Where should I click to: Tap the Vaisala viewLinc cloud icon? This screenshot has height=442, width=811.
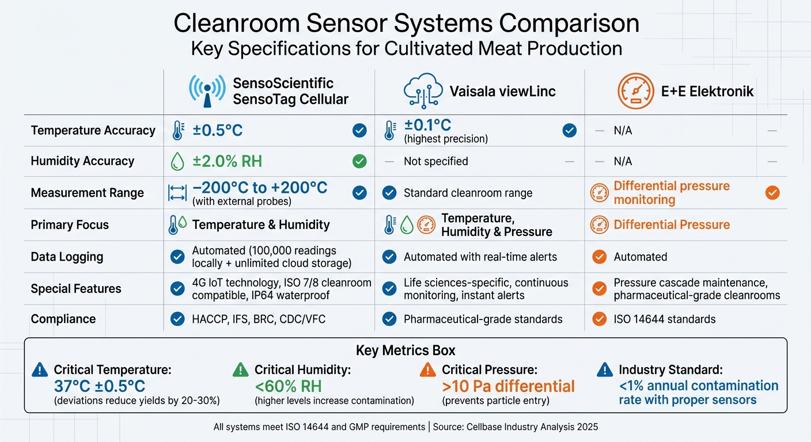tap(423, 91)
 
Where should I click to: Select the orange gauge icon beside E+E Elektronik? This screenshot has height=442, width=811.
tap(635, 91)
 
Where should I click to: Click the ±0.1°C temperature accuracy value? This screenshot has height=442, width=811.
tap(427, 125)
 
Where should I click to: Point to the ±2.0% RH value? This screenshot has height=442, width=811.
tap(227, 161)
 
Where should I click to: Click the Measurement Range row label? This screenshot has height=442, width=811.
tap(87, 193)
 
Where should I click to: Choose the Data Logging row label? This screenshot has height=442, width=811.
tap(67, 257)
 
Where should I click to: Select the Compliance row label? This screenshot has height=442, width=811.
tap(63, 319)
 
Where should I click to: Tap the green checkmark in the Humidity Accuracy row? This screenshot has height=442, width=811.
tap(359, 162)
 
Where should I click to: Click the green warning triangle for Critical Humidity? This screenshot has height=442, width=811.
tap(240, 370)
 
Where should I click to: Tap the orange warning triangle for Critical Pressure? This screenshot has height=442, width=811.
tap(427, 370)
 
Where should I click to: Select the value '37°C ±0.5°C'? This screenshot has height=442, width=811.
tap(100, 386)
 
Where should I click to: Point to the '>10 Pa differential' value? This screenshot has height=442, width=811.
tap(508, 386)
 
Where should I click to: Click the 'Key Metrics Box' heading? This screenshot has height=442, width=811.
tap(405, 351)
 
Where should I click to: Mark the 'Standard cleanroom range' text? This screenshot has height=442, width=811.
tap(468, 193)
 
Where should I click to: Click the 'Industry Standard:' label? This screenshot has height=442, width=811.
tap(670, 370)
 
